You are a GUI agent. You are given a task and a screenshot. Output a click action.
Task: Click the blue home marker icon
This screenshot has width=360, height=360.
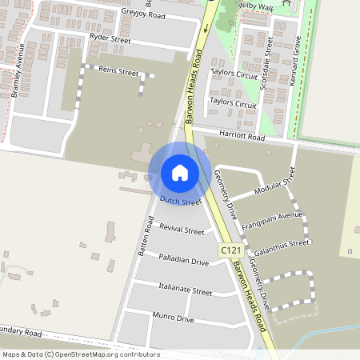click(180, 173)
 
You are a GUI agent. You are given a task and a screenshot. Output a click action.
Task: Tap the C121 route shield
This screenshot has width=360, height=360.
click(230, 250)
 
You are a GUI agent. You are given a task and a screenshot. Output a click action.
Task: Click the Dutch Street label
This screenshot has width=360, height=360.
click(180, 202)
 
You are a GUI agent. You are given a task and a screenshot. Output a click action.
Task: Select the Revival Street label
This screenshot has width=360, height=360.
click(182, 230)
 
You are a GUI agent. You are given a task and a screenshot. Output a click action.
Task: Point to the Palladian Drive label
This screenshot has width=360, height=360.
click(183, 262)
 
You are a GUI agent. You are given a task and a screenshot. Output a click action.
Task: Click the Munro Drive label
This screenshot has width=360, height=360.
click(174, 319)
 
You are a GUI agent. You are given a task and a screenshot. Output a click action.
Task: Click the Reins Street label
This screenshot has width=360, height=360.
click(118, 71)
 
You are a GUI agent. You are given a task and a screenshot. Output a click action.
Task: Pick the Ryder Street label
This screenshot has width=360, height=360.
click(110, 38)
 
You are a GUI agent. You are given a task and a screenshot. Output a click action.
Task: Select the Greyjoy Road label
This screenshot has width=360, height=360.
click(143, 14)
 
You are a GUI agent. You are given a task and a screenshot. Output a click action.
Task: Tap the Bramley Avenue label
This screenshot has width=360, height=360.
click(18, 71)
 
